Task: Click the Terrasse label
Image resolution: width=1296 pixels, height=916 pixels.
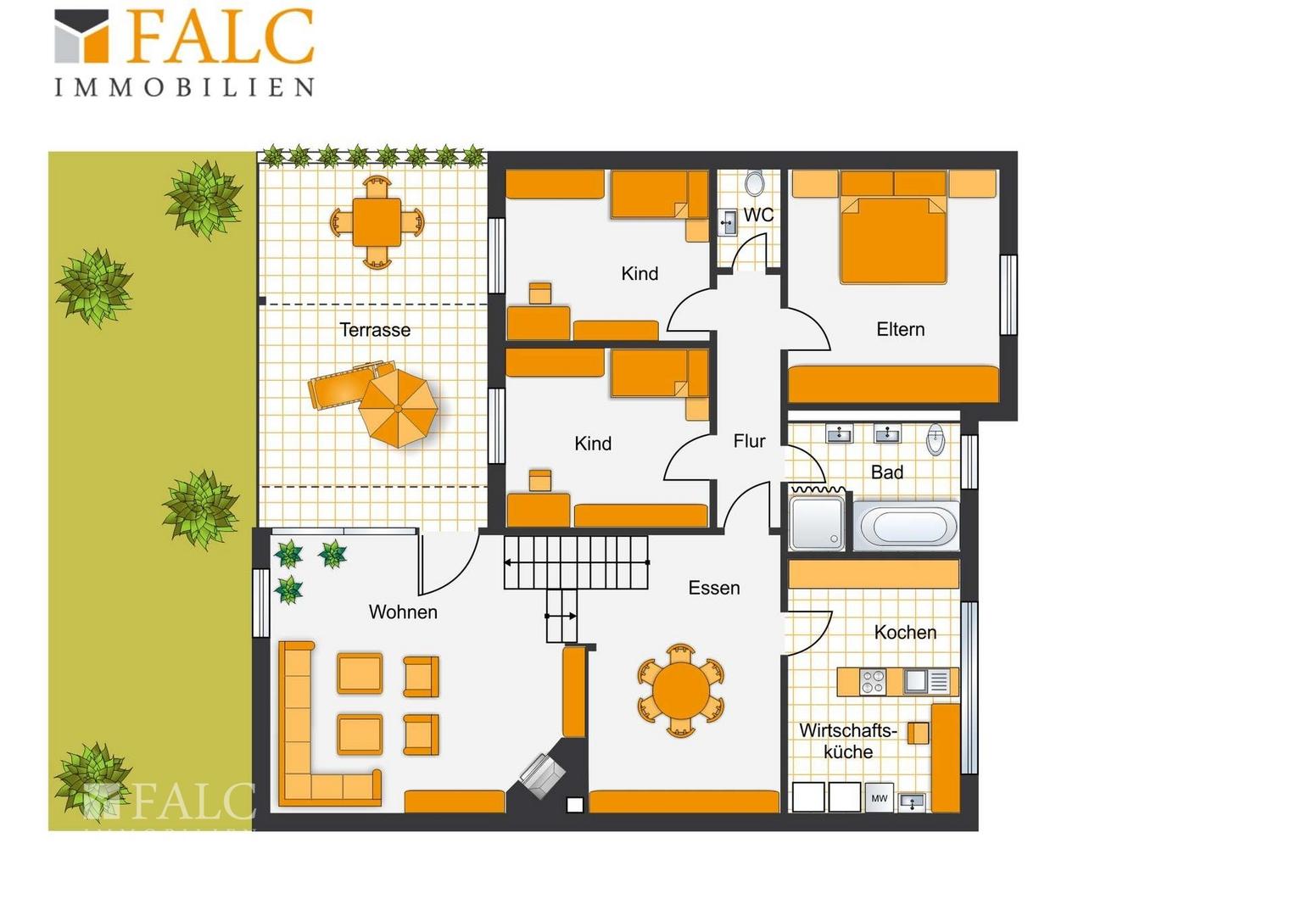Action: point(375,330)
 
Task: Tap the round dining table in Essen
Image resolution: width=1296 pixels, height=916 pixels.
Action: point(681,691)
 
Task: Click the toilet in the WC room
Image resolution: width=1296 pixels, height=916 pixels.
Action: point(755,183)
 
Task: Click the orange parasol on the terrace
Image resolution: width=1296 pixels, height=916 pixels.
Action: point(398,409)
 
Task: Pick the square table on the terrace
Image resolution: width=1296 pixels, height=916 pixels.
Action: point(377,222)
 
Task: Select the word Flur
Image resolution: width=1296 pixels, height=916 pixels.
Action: point(749,442)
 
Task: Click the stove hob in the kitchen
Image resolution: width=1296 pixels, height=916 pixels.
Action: point(872,682)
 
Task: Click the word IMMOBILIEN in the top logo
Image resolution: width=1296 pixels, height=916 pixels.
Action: point(184,87)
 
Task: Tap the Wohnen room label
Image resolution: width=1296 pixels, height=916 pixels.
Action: point(403,612)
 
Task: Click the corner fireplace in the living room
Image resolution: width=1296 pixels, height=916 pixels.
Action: point(542,775)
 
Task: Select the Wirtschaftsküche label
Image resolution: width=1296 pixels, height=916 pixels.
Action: point(847,740)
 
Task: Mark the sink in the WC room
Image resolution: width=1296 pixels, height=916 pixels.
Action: point(727,222)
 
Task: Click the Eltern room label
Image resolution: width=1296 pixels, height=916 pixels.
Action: point(900,329)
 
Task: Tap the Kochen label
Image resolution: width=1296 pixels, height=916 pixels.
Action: point(905,633)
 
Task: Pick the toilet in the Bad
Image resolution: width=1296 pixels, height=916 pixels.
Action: point(936,439)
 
